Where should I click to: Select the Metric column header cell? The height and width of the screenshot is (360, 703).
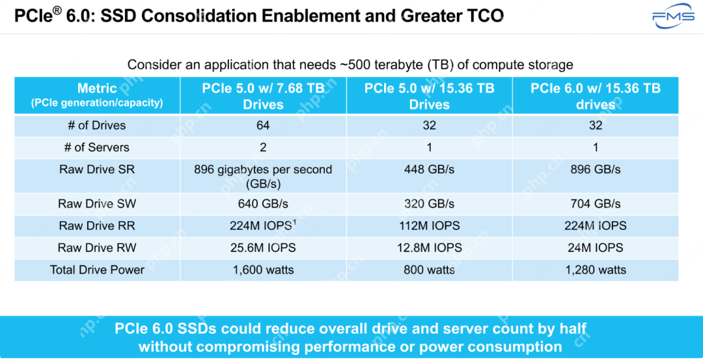coord(97,95)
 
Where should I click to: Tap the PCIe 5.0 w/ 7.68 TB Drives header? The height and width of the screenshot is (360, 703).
coord(263,96)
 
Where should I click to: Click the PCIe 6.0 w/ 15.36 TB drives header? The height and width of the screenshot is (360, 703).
coord(595,96)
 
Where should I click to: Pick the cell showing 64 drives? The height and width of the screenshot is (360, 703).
coord(263,125)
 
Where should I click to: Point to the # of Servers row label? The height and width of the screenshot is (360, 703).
coord(97,147)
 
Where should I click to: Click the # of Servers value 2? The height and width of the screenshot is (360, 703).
coord(263,147)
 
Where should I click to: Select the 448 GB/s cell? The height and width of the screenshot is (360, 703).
coord(429,169)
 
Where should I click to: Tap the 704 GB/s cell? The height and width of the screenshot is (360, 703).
coord(595,204)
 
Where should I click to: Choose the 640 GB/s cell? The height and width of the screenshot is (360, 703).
coord(263,204)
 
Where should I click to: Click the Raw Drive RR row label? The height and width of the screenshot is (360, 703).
coord(97,226)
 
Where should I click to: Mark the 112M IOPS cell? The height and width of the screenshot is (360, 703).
coord(429,226)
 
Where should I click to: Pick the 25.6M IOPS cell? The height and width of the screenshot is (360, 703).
coord(263,248)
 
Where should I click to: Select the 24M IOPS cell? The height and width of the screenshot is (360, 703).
coord(595,248)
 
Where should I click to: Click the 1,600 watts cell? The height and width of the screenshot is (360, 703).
coord(263,270)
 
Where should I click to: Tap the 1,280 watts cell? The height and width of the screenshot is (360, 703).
coord(595,270)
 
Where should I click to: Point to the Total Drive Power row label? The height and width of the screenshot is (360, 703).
coord(97,270)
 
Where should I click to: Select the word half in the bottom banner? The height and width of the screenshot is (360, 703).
coord(573,329)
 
